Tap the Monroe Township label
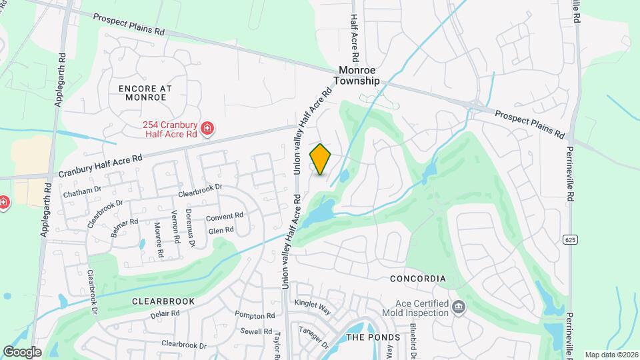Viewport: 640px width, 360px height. coord(359,75)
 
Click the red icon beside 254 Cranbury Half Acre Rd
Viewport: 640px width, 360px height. coord(208,127)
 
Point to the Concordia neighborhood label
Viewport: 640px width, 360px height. coord(418,279)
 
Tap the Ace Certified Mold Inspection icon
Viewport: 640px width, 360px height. coord(459,307)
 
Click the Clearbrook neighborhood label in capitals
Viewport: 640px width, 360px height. coord(163,301)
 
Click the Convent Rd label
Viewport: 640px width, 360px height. coord(224,218)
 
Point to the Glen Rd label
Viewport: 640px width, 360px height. coord(221,230)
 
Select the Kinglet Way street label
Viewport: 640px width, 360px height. coord(313,307)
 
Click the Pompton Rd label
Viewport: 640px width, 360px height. coord(255,315)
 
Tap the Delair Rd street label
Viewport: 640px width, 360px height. coord(166,314)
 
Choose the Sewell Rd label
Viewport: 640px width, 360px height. coord(257,331)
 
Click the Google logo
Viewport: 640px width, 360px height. coord(22,351)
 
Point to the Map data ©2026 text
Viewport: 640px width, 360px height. coord(611,355)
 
